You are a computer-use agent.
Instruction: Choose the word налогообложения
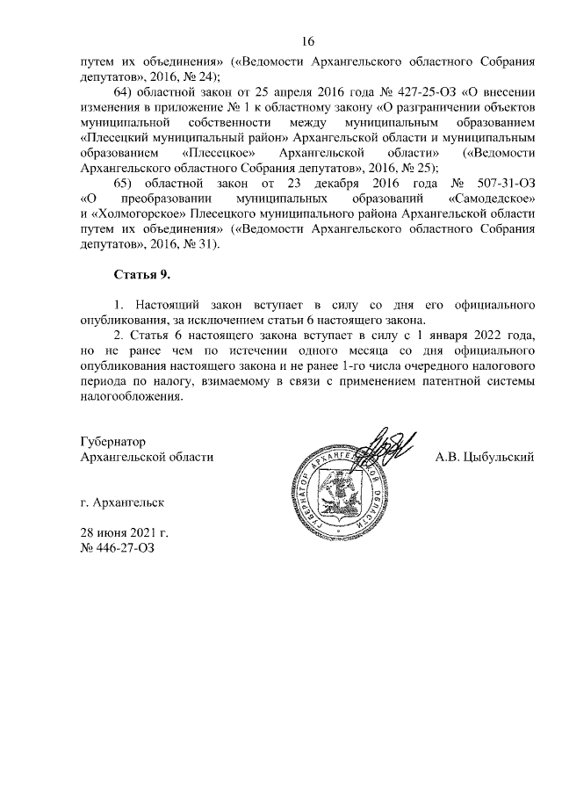click(x=132, y=395)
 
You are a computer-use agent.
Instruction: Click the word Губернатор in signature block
click(x=112, y=442)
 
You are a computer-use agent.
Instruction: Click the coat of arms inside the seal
click(x=334, y=495)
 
